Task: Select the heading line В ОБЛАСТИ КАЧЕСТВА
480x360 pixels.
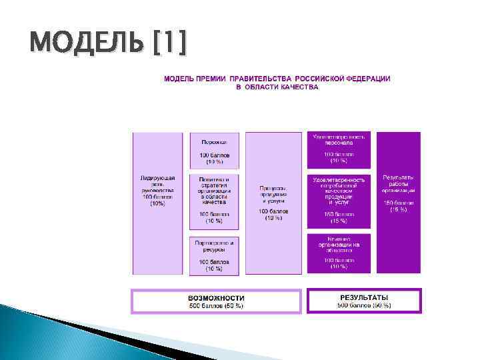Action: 277,87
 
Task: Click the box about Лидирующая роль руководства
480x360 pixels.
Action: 158,203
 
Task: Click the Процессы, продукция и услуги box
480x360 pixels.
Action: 273,203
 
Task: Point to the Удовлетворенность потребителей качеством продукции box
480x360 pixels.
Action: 339,201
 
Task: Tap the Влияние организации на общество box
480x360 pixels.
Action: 339,253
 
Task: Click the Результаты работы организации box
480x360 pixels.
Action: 399,203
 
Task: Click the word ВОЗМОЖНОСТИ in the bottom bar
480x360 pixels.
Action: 216,298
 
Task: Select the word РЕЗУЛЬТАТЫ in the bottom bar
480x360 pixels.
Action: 364,297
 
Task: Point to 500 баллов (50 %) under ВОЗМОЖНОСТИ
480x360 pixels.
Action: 216,306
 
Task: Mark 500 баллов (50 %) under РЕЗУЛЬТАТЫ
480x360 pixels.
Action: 364,305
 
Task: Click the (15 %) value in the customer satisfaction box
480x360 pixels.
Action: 339,221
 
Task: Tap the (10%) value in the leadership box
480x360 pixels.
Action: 158,203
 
